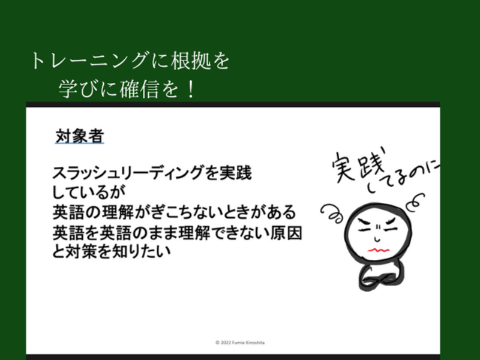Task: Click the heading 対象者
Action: tap(80, 136)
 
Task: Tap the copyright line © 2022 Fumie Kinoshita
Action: tap(240, 343)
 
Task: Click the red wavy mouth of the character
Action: tap(378, 250)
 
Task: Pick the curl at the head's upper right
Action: tap(416, 202)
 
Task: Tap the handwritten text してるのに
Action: tap(403, 178)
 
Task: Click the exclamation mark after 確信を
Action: tap(191, 89)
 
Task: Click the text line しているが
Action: tap(89, 192)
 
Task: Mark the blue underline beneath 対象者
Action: tap(80, 143)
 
